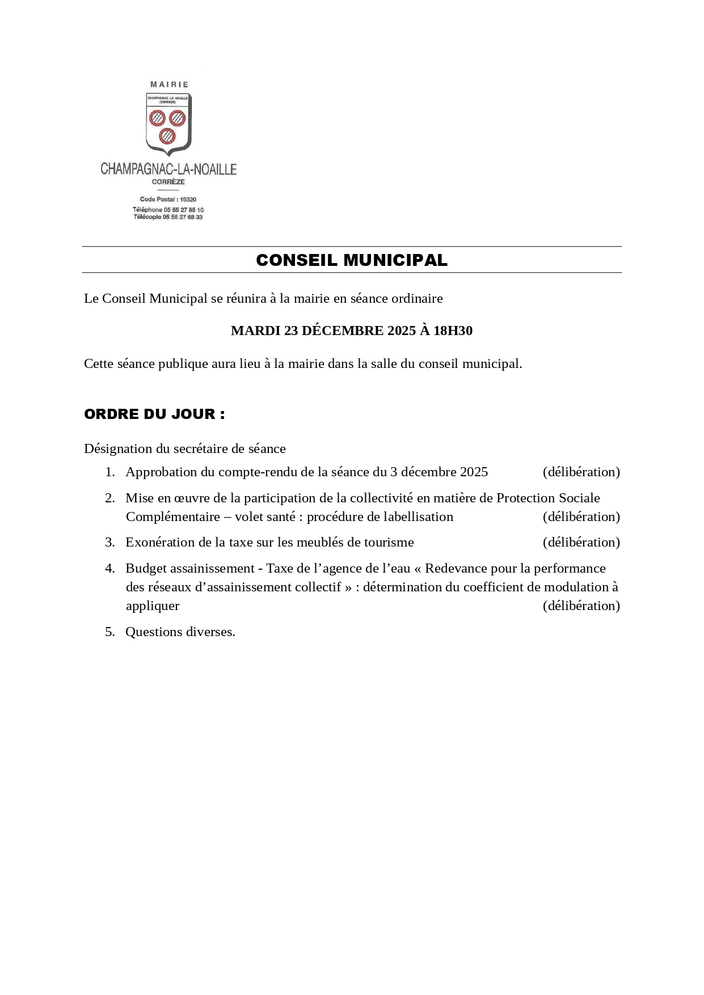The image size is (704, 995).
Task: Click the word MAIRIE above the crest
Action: click(169, 84)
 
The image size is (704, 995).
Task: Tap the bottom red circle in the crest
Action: click(167, 136)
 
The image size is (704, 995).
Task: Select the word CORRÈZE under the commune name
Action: click(168, 182)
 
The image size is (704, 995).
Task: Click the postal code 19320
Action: click(188, 200)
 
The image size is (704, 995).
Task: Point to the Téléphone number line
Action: click(168, 210)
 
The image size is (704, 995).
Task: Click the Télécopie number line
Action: click(168, 217)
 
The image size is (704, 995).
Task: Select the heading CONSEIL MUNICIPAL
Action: click(352, 260)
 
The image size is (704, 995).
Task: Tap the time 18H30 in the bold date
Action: click(453, 331)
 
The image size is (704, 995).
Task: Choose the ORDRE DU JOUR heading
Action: click(154, 414)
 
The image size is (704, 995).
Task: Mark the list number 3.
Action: click(109, 543)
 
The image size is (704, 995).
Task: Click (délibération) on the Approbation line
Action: click(581, 472)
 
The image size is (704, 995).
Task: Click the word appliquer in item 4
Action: click(153, 606)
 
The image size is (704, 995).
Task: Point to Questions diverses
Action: click(180, 632)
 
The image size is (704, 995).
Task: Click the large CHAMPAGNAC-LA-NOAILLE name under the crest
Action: click(168, 169)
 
